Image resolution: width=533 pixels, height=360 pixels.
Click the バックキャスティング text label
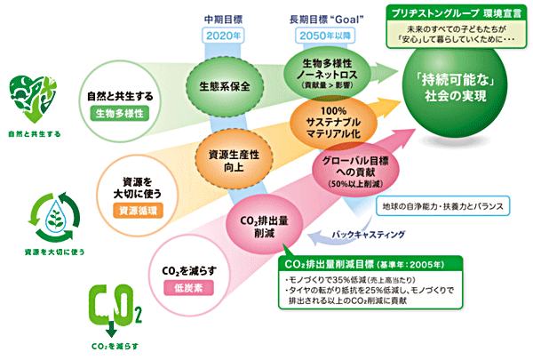click(368, 235)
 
